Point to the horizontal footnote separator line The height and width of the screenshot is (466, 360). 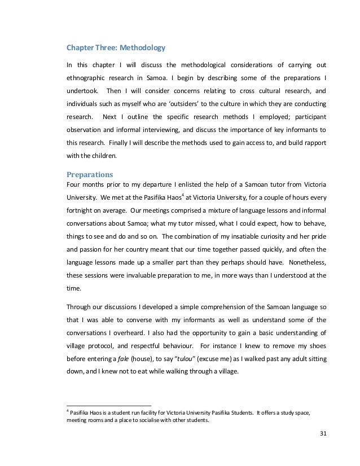click(109, 406)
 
